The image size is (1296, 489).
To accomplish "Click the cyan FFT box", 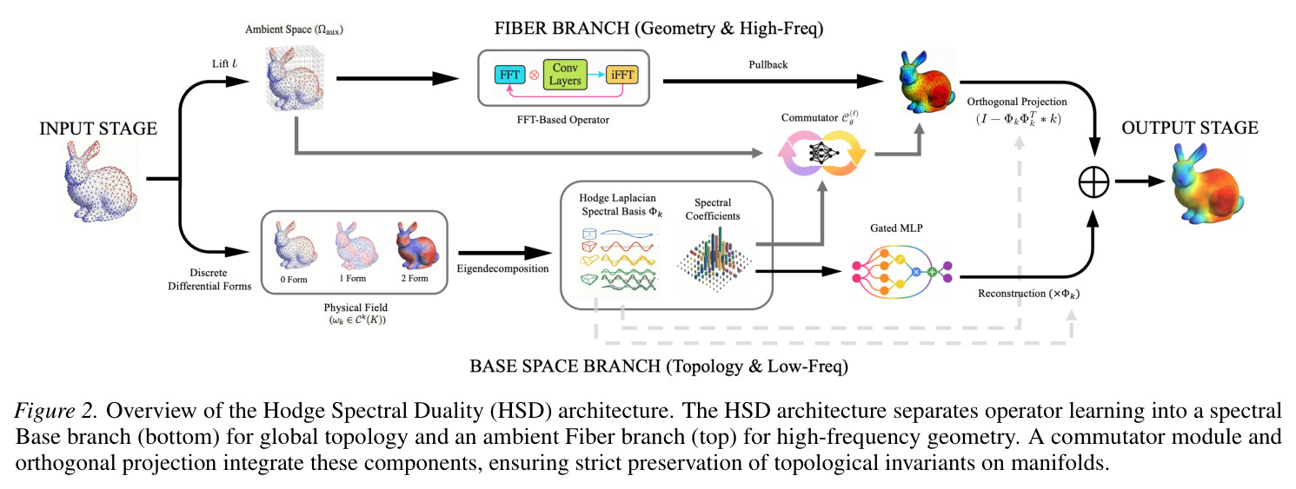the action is (x=509, y=75).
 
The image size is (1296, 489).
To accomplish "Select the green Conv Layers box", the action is (x=565, y=75).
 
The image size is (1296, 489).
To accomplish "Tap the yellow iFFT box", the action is (x=622, y=75).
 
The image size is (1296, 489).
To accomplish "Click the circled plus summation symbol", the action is (x=1093, y=182).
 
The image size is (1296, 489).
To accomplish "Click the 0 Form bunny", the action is (x=295, y=245).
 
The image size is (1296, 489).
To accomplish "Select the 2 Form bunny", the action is (x=417, y=245).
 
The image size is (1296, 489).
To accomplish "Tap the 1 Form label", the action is (x=352, y=278).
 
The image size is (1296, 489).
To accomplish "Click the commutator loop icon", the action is (x=821, y=153).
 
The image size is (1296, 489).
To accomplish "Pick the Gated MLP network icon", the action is (x=902, y=272).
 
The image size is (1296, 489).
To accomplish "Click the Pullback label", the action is (x=768, y=65).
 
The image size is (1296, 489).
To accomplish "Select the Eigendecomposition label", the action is (x=502, y=268).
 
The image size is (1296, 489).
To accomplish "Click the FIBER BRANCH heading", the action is (x=658, y=29).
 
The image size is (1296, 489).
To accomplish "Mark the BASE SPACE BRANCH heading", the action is (x=658, y=367).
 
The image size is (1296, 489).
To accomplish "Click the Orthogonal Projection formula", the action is (x=1019, y=119).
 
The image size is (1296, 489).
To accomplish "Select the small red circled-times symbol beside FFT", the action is (x=534, y=76).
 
